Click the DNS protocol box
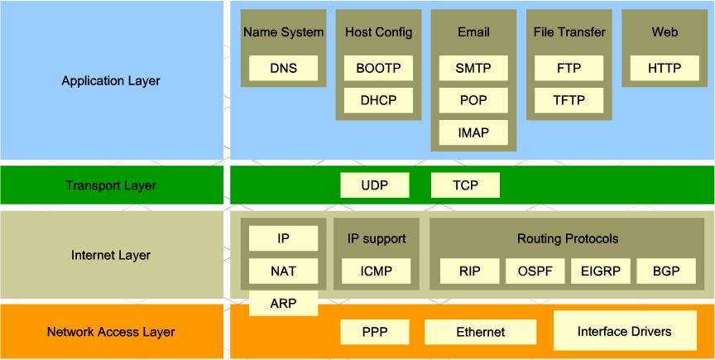[x=283, y=69]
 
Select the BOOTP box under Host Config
[x=378, y=69]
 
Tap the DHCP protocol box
[x=378, y=101]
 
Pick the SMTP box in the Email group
[x=473, y=69]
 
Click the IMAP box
[x=473, y=132]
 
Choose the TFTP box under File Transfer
[x=569, y=101]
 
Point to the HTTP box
[x=664, y=69]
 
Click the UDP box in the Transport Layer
[x=374, y=185]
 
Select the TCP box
[x=465, y=185]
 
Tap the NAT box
[x=283, y=271]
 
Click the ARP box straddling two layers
[x=283, y=304]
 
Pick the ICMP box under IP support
[x=376, y=271]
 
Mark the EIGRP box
[x=600, y=271]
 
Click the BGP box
[x=664, y=271]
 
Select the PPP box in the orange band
[x=374, y=332]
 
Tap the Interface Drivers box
[x=624, y=332]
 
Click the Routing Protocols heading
[x=568, y=239]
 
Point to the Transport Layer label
[x=111, y=185]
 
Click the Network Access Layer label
[x=111, y=332]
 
